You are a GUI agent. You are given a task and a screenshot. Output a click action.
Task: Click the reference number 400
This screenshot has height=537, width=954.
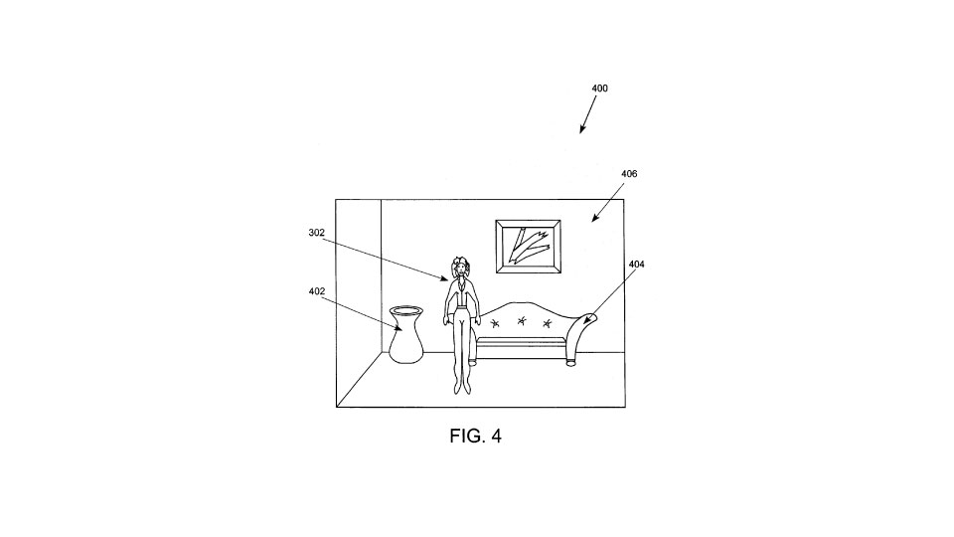point(599,89)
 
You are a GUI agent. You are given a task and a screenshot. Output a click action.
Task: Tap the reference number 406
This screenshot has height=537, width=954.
point(629,174)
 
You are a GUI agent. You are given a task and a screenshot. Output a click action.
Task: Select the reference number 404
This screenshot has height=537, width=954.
point(636,265)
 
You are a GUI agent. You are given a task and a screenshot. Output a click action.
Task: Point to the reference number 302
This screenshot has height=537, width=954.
point(316,233)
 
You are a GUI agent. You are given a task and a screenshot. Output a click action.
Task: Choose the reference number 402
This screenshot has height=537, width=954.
point(316,291)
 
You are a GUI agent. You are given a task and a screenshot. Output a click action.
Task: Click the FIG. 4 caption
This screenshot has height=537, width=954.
point(476,436)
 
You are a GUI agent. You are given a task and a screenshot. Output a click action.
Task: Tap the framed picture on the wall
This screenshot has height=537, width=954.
point(528,247)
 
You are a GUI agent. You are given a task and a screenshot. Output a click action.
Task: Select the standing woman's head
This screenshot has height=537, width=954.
point(460,267)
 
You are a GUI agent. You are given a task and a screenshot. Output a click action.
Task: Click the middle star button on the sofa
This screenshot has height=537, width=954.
point(521,321)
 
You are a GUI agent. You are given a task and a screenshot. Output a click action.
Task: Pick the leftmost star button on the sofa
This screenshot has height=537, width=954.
point(495,323)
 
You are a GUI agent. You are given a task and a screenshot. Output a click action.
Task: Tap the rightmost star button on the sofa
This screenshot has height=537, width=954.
point(547,322)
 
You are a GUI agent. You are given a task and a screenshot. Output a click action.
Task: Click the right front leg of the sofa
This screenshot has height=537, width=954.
point(570,362)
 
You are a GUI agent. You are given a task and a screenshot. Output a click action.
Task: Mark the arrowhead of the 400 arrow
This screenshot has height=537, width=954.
point(582,129)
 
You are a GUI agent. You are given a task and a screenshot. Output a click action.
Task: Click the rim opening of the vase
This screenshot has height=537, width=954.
point(405,309)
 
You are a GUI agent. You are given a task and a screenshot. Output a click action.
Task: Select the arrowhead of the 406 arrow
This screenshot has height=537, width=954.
point(594,218)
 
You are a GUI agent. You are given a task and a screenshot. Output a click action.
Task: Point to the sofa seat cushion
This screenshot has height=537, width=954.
point(522,340)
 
